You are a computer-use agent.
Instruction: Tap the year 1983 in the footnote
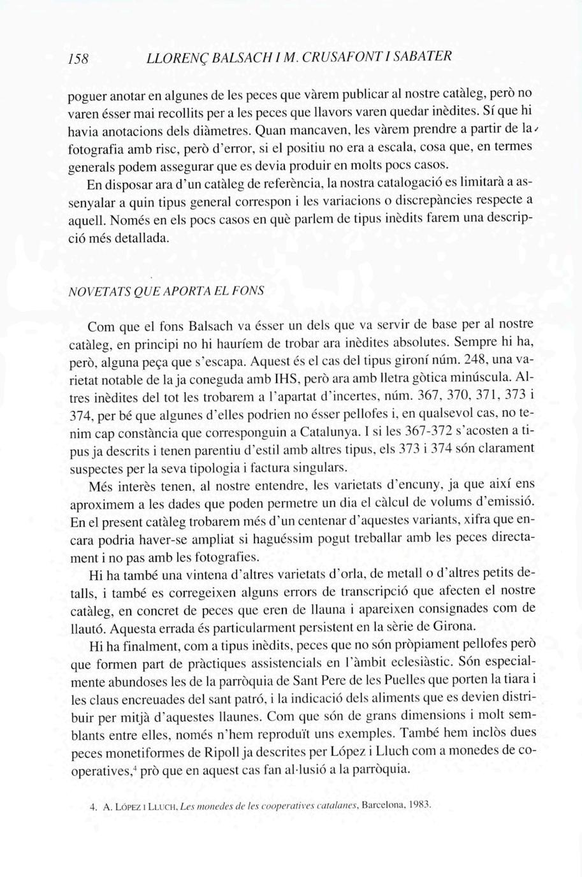419,805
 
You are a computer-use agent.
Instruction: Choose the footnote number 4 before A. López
93,807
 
